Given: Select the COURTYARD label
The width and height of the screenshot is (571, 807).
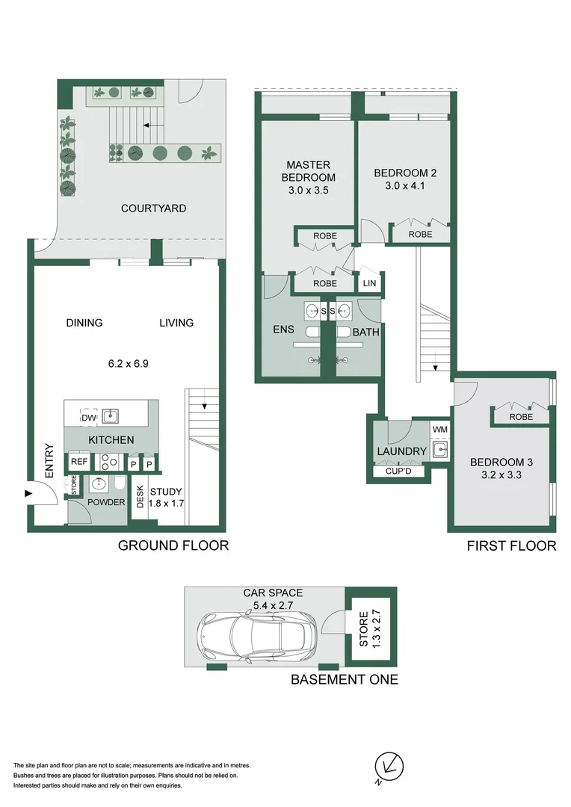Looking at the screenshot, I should tap(153, 208).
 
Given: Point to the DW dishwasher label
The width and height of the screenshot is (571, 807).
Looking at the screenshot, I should tap(90, 418).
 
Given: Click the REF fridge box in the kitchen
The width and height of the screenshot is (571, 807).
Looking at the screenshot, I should tap(79, 463).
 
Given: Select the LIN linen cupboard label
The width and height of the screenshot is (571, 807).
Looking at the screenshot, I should tap(370, 283).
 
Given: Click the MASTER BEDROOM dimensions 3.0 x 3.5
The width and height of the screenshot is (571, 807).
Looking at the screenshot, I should tap(308, 191).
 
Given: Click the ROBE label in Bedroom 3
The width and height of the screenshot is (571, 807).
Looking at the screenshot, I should tap(521, 417).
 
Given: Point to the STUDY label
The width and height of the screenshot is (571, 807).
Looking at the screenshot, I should tap(166, 492).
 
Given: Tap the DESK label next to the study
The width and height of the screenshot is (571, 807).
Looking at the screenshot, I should tap(139, 497).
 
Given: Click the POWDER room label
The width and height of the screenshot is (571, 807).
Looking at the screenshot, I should tap(107, 502).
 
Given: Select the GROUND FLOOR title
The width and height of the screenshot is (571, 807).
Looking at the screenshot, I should tap(173, 545).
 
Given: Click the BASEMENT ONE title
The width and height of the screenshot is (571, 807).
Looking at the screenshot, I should tap(344, 679).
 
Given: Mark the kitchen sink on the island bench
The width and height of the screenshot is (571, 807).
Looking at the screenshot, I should tap(110, 415).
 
